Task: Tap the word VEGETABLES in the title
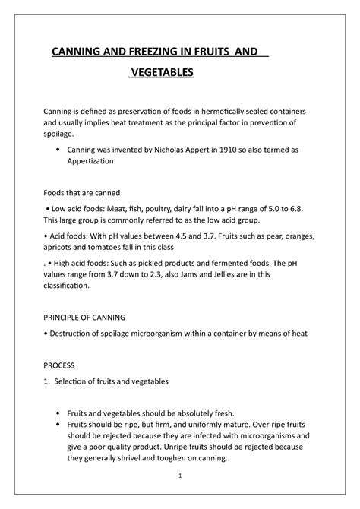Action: (x=162, y=74)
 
